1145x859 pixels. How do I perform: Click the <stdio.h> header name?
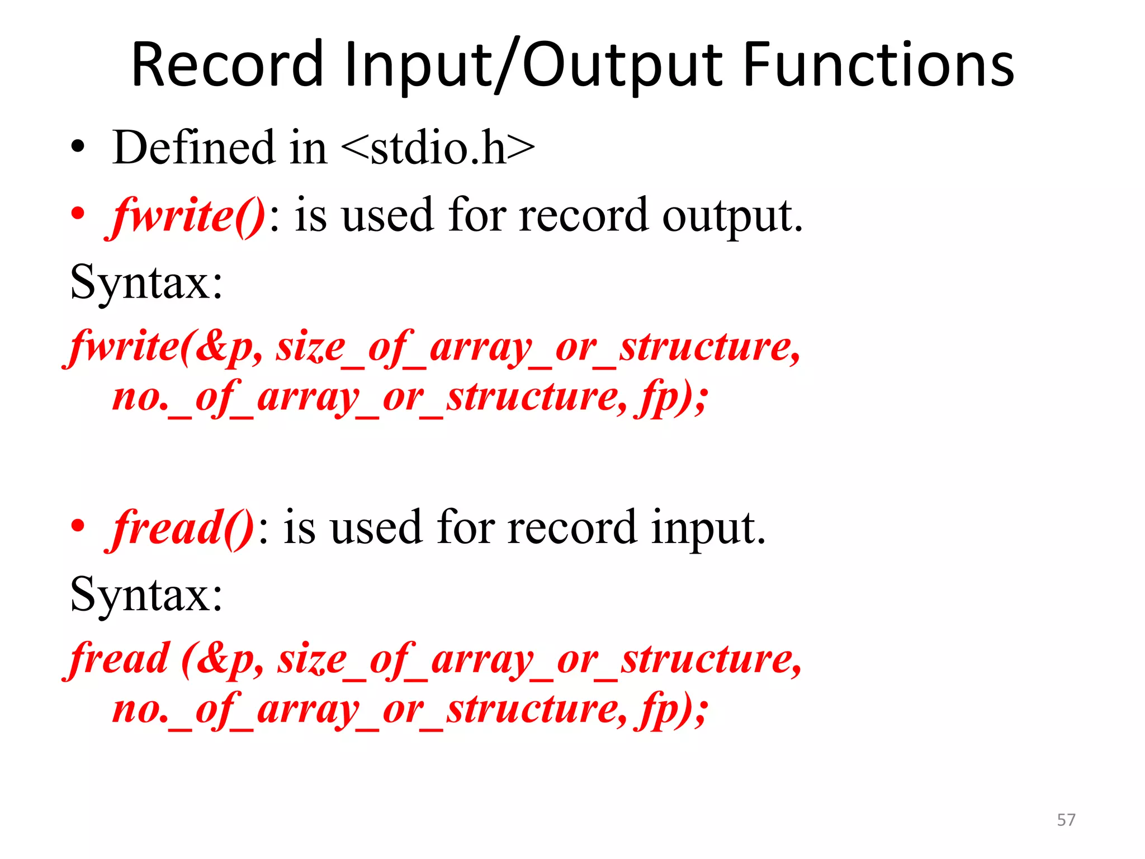437,148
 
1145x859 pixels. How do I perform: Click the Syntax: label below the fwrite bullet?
146,282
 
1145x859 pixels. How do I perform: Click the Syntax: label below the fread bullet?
146,594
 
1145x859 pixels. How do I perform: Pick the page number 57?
1066,820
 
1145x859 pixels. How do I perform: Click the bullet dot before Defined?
78,148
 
